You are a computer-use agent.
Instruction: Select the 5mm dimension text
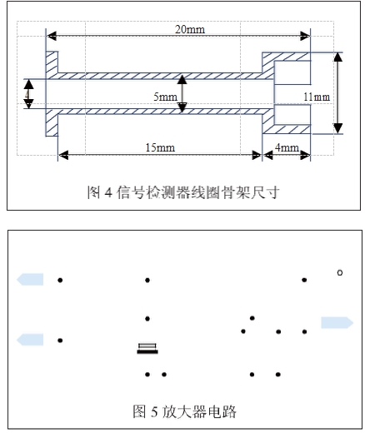(x=165, y=97)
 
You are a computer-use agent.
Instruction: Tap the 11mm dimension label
(x=317, y=97)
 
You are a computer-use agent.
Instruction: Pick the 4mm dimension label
(x=287, y=147)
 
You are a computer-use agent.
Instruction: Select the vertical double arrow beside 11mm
(x=337, y=92)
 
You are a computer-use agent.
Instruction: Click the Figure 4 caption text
(x=182, y=193)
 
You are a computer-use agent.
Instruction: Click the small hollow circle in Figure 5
(x=339, y=272)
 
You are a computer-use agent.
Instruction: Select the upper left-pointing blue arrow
(x=30, y=280)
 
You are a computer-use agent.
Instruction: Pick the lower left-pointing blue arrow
(x=30, y=338)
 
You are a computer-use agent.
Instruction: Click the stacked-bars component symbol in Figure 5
(x=147, y=348)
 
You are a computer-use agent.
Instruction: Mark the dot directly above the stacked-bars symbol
(x=147, y=318)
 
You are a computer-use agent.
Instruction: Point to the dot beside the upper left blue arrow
(x=60, y=280)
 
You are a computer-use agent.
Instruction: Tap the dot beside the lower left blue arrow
(x=60, y=341)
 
